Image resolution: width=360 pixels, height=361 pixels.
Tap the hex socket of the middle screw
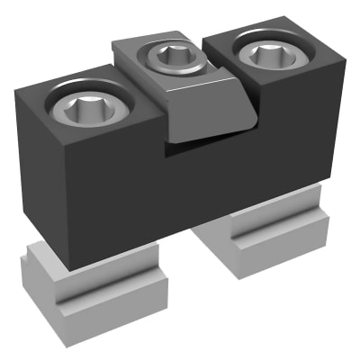pos(169,59)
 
